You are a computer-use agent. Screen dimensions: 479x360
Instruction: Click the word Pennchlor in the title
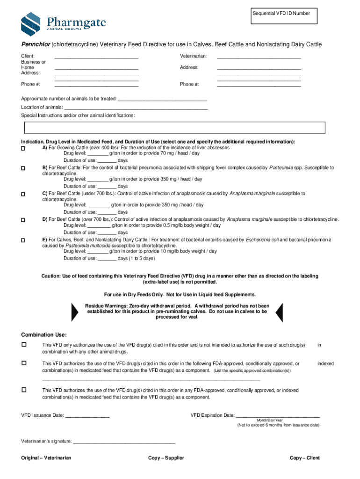(36, 44)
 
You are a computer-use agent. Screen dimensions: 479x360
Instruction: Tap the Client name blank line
(97, 57)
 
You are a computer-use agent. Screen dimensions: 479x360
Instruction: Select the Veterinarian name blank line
(259, 57)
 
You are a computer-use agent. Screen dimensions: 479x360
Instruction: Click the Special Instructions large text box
(174, 128)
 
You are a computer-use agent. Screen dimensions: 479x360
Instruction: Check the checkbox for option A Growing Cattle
(23, 148)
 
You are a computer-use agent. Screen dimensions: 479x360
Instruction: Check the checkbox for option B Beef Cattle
(23, 167)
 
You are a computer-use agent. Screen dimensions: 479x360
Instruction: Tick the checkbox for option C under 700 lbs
(23, 194)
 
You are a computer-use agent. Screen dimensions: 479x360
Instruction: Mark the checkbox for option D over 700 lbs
(23, 219)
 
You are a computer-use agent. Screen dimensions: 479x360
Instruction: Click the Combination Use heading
(44, 335)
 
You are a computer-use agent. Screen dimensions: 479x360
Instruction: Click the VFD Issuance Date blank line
(87, 416)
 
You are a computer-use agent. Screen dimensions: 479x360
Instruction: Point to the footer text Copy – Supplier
(166, 458)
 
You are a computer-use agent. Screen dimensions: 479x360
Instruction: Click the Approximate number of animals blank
(162, 100)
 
